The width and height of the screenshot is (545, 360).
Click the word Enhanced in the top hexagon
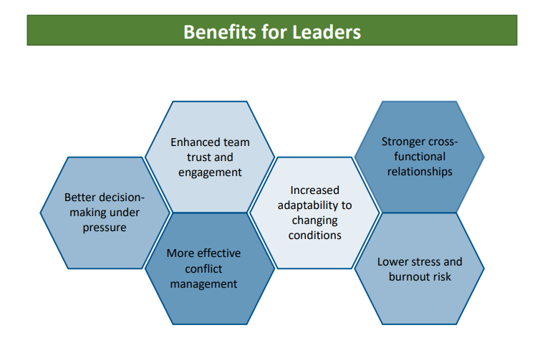click(x=193, y=142)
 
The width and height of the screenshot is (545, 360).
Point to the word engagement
click(x=210, y=172)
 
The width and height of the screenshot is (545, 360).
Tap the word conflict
click(x=203, y=268)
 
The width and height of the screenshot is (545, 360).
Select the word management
click(x=203, y=283)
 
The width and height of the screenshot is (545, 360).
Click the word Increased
click(x=314, y=190)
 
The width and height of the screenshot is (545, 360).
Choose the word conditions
click(x=314, y=235)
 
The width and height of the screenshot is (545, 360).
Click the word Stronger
click(x=404, y=141)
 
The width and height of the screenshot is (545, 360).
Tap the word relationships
click(x=420, y=171)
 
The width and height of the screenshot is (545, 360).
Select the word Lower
click(x=392, y=261)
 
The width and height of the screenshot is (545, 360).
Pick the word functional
click(x=416, y=156)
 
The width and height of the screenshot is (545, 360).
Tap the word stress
click(x=426, y=261)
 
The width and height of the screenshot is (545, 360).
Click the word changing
click(x=315, y=220)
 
